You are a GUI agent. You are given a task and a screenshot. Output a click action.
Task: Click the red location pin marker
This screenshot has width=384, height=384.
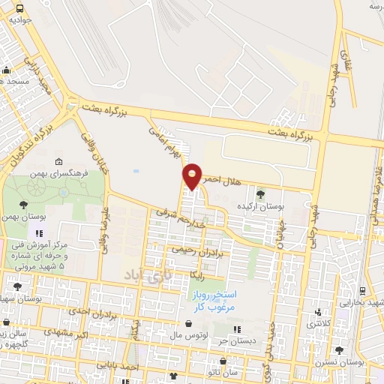pyautogui.click(x=192, y=176)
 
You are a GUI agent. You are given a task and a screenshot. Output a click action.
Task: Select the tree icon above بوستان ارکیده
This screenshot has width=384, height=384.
pyautogui.click(x=260, y=194)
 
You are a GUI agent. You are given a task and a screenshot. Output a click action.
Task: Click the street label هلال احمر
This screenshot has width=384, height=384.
pyautogui.click(x=223, y=180)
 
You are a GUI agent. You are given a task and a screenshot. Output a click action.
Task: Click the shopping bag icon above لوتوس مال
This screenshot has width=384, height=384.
pyautogui.click(x=187, y=324)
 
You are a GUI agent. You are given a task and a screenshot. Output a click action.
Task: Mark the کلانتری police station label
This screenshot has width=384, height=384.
pyautogui.click(x=320, y=323)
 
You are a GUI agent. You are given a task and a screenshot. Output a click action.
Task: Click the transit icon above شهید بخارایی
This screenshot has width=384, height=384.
pyautogui.click(x=363, y=291)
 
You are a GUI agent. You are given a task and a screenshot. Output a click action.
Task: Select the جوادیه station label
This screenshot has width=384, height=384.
pyautogui.click(x=19, y=20)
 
